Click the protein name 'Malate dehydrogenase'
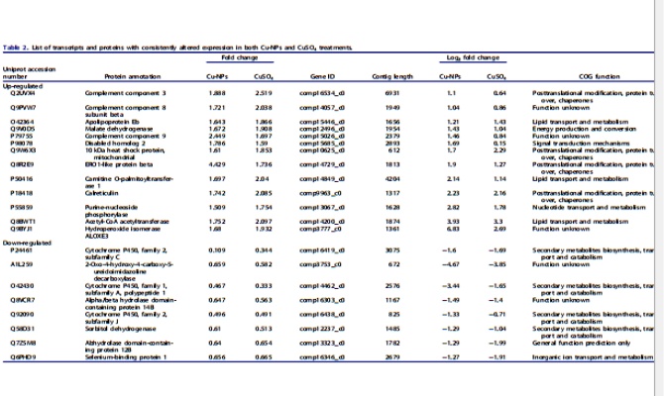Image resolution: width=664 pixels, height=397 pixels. point(114,128)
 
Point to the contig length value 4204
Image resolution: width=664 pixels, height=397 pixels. point(392,177)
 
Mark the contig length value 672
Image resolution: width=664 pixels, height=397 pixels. point(392,265)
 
